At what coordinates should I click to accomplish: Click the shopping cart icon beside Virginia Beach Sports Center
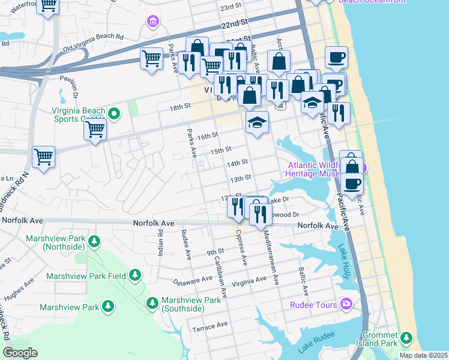coord(95,129)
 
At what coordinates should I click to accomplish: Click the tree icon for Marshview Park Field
coord(135,275)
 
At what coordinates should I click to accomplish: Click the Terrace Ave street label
coord(210,326)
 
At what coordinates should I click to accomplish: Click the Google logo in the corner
coord(20,352)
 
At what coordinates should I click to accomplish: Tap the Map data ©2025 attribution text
coord(423,355)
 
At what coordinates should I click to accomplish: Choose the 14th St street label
coord(237,163)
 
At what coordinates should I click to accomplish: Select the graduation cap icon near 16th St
coord(257,123)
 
